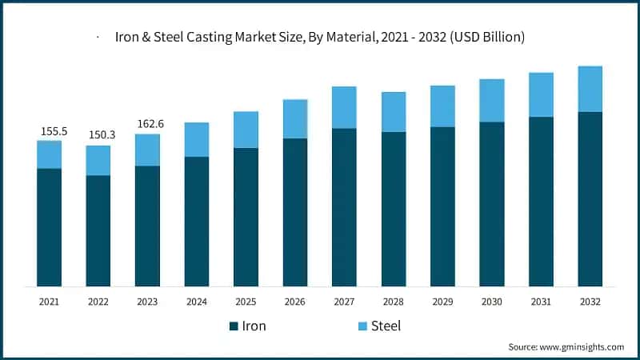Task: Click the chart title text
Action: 321,37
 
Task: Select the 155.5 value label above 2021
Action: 50,130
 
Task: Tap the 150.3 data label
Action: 98,134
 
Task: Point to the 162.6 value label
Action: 147,123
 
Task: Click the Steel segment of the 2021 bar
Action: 50,154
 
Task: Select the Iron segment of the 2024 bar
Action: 197,222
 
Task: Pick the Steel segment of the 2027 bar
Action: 344,107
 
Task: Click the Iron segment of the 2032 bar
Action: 590,199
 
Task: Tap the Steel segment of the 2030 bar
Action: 491,101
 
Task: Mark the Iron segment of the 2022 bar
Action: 98,230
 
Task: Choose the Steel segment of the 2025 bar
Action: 246,130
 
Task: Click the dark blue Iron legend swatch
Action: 234,326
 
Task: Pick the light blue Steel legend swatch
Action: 362,326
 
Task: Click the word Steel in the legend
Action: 386,326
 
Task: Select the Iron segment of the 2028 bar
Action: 393,209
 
